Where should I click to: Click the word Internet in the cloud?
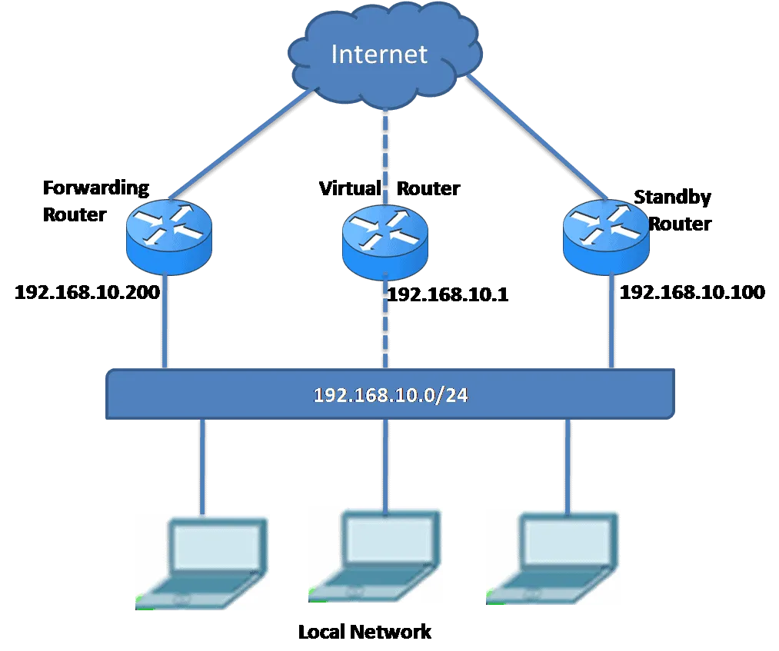click(379, 55)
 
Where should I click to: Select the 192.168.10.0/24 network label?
click(391, 396)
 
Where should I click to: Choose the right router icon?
click(605, 232)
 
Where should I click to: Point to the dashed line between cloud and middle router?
click(385, 154)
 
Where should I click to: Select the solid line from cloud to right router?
click(531, 138)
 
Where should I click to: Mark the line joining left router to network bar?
click(165, 323)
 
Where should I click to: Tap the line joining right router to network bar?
click(612, 323)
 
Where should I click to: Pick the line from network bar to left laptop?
click(201, 465)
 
